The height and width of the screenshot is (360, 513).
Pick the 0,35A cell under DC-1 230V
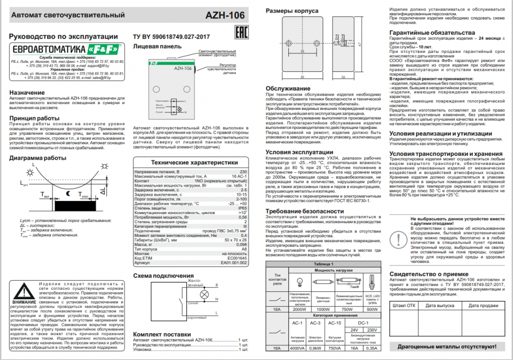click(373, 348)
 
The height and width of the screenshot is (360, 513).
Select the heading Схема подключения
click(163, 276)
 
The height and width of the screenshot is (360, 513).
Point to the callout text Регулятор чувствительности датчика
click(222, 69)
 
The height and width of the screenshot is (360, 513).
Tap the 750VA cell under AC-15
click(335, 348)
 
